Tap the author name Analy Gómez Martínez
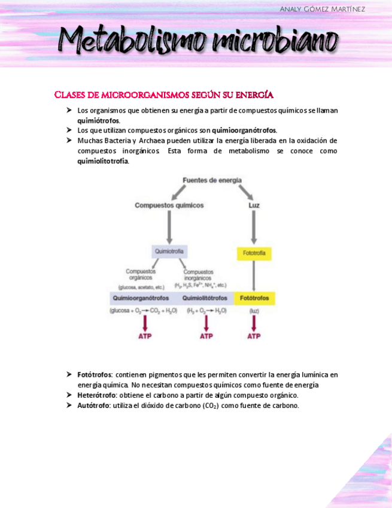click(x=322, y=9)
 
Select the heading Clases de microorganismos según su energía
click(x=163, y=95)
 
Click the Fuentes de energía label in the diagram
click(x=212, y=180)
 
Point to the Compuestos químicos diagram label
click(x=169, y=205)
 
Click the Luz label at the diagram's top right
click(x=254, y=205)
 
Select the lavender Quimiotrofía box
click(x=169, y=251)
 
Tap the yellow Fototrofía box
click(x=254, y=253)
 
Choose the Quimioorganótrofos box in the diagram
click(x=141, y=298)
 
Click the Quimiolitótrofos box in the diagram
click(x=205, y=298)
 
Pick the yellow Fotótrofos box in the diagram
click(x=254, y=298)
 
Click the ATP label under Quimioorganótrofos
click(x=145, y=336)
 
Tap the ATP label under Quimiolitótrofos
click(x=206, y=336)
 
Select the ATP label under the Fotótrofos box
click(x=254, y=336)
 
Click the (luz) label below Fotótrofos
click(x=254, y=311)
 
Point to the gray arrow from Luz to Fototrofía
click(x=254, y=226)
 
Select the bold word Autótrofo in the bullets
click(x=93, y=406)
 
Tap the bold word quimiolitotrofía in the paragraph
click(x=102, y=161)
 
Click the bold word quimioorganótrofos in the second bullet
click(x=244, y=130)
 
